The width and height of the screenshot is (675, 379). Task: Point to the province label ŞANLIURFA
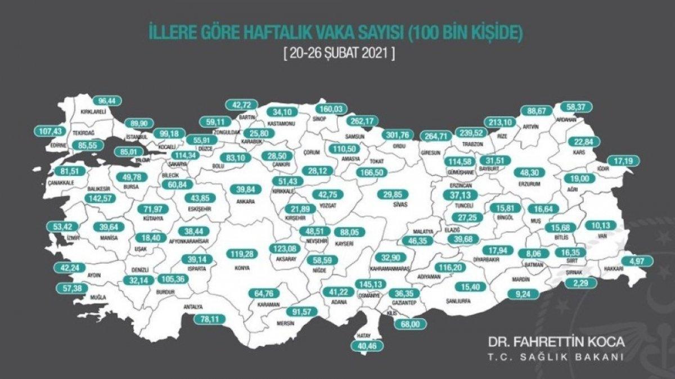tap(458, 301)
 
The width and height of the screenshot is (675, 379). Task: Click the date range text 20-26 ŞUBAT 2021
tap(337, 56)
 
